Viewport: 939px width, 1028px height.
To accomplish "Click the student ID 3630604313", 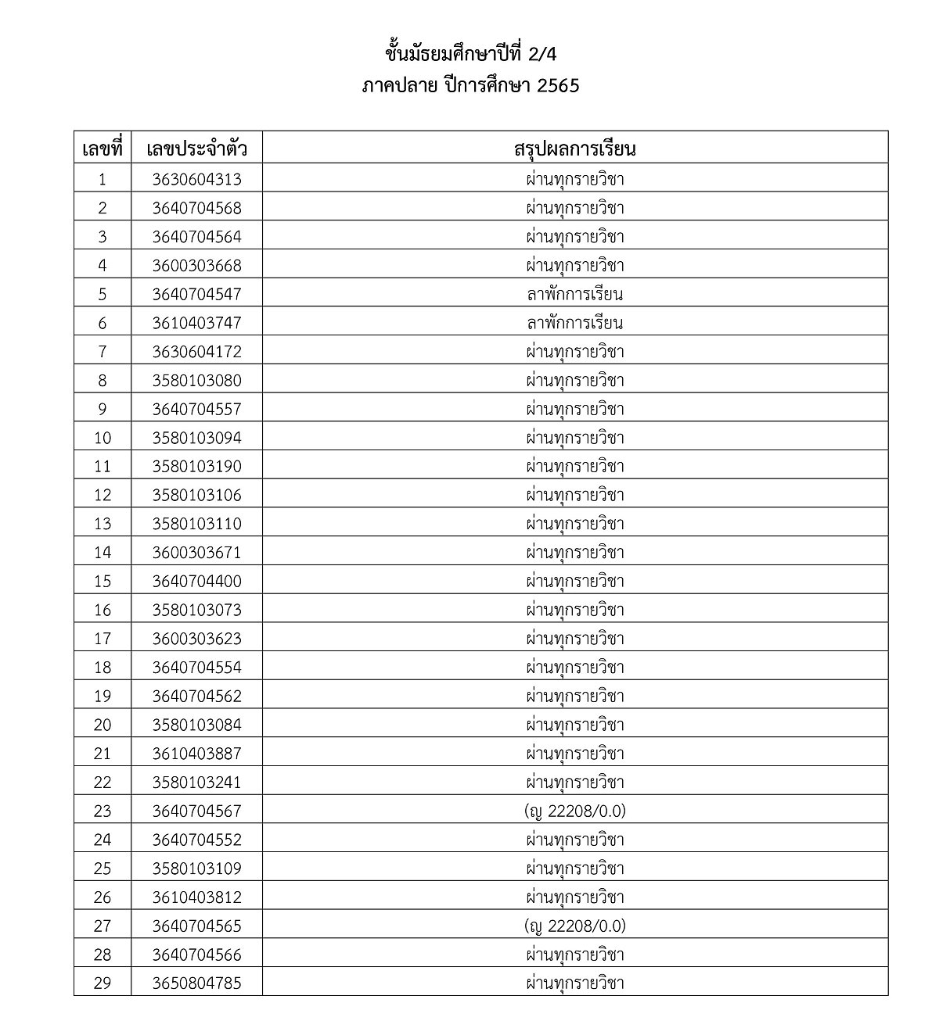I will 197,179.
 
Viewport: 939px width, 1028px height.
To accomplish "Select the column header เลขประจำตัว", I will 197,149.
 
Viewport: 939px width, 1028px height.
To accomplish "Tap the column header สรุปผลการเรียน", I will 575,149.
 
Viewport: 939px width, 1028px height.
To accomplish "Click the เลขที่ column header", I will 103,149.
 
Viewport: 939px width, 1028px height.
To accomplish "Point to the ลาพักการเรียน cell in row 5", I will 575,294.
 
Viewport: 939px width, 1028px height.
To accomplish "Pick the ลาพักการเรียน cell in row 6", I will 575,323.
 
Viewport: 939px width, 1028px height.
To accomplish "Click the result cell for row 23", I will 575,811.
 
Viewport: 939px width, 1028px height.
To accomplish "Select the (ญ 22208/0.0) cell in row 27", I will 575,926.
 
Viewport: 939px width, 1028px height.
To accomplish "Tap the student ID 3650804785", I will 197,983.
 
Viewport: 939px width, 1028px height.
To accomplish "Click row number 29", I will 103,983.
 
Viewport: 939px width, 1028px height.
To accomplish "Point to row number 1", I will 103,179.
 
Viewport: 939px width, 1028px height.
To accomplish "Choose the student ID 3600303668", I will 197,266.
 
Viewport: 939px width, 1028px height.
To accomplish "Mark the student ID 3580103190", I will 197,467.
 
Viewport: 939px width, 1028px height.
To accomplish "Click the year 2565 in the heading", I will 558,86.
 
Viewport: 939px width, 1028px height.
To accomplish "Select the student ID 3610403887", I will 197,754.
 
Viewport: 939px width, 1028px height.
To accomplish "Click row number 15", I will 103,582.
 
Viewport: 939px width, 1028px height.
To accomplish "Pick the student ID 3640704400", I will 197,582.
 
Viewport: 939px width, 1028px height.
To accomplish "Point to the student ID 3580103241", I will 197,783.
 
